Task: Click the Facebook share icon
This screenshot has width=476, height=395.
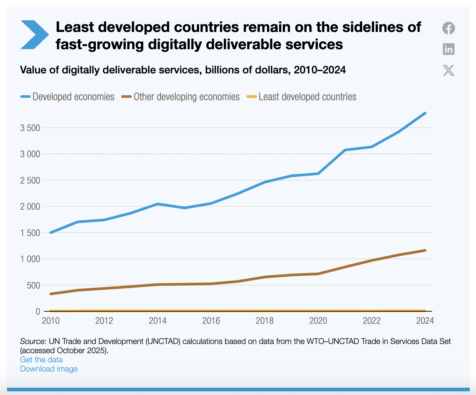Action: coord(448,28)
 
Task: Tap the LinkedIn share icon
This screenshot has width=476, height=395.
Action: coord(448,49)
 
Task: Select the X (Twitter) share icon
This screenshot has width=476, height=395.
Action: coord(448,70)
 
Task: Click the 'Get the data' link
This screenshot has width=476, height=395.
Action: coord(41,360)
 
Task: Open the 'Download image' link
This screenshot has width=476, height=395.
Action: coord(49,369)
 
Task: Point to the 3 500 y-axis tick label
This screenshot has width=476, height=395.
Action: coord(30,128)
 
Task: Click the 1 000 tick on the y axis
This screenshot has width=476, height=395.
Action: coord(30,259)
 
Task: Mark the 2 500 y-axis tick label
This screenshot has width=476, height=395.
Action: coord(30,181)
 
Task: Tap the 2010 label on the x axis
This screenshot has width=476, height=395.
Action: coord(51,321)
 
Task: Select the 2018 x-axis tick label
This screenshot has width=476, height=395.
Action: coord(264,321)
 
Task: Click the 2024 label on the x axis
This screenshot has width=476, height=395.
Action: coord(425,321)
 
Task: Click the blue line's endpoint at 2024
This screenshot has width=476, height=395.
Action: coord(425,113)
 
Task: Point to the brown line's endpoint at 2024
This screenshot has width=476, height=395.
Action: coord(425,250)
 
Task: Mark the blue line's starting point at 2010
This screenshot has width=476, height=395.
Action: coord(51,232)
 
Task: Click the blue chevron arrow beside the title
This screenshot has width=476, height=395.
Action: coord(34,35)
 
